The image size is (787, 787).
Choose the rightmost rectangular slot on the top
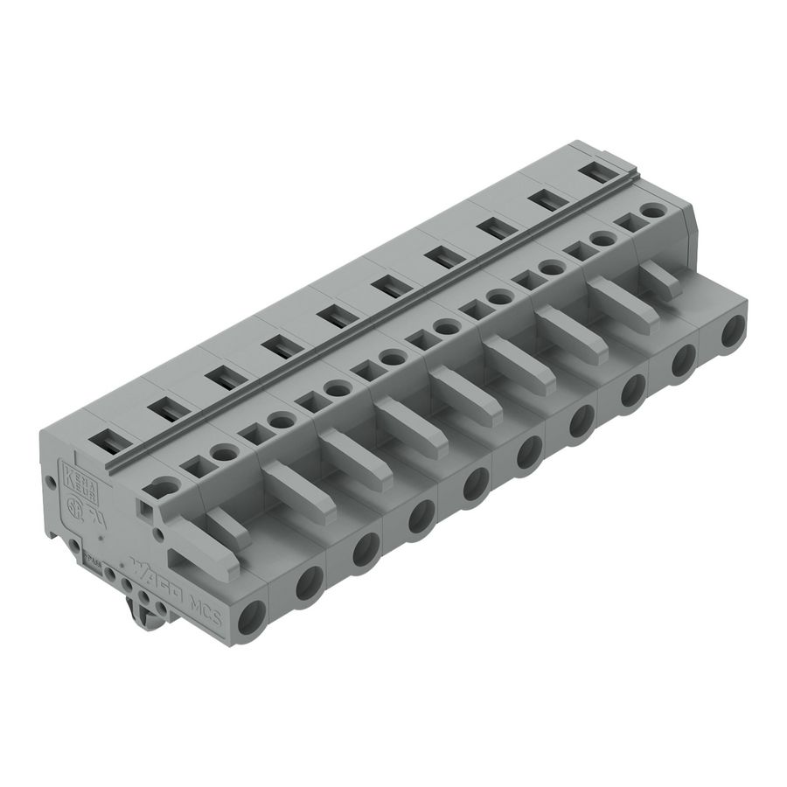pos(596,173)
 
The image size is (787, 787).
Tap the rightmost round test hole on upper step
pos(651,211)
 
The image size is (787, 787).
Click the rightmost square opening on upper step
pos(626,223)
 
